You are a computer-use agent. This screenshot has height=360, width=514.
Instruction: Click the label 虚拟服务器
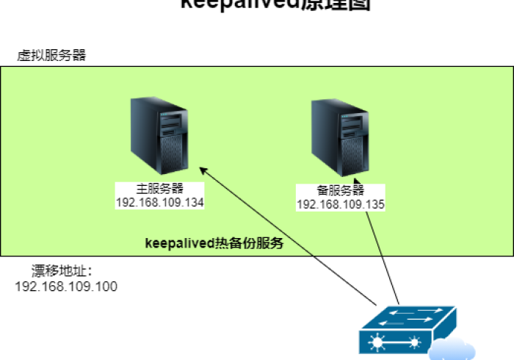(52, 55)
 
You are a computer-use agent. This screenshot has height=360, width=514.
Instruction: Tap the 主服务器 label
(159, 188)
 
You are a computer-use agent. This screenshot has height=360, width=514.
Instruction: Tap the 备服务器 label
(341, 190)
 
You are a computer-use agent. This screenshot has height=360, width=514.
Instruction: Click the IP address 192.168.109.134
(159, 201)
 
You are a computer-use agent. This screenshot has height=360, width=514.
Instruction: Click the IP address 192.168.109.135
(341, 204)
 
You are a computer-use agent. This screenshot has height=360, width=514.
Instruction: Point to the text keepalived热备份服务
(214, 242)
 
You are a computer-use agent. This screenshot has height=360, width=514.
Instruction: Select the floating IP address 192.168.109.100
(66, 286)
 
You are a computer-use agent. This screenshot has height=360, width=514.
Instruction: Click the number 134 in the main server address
(193, 201)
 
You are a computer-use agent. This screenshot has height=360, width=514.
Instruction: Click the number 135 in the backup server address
(374, 204)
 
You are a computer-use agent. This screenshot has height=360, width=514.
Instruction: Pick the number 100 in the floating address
(106, 286)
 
